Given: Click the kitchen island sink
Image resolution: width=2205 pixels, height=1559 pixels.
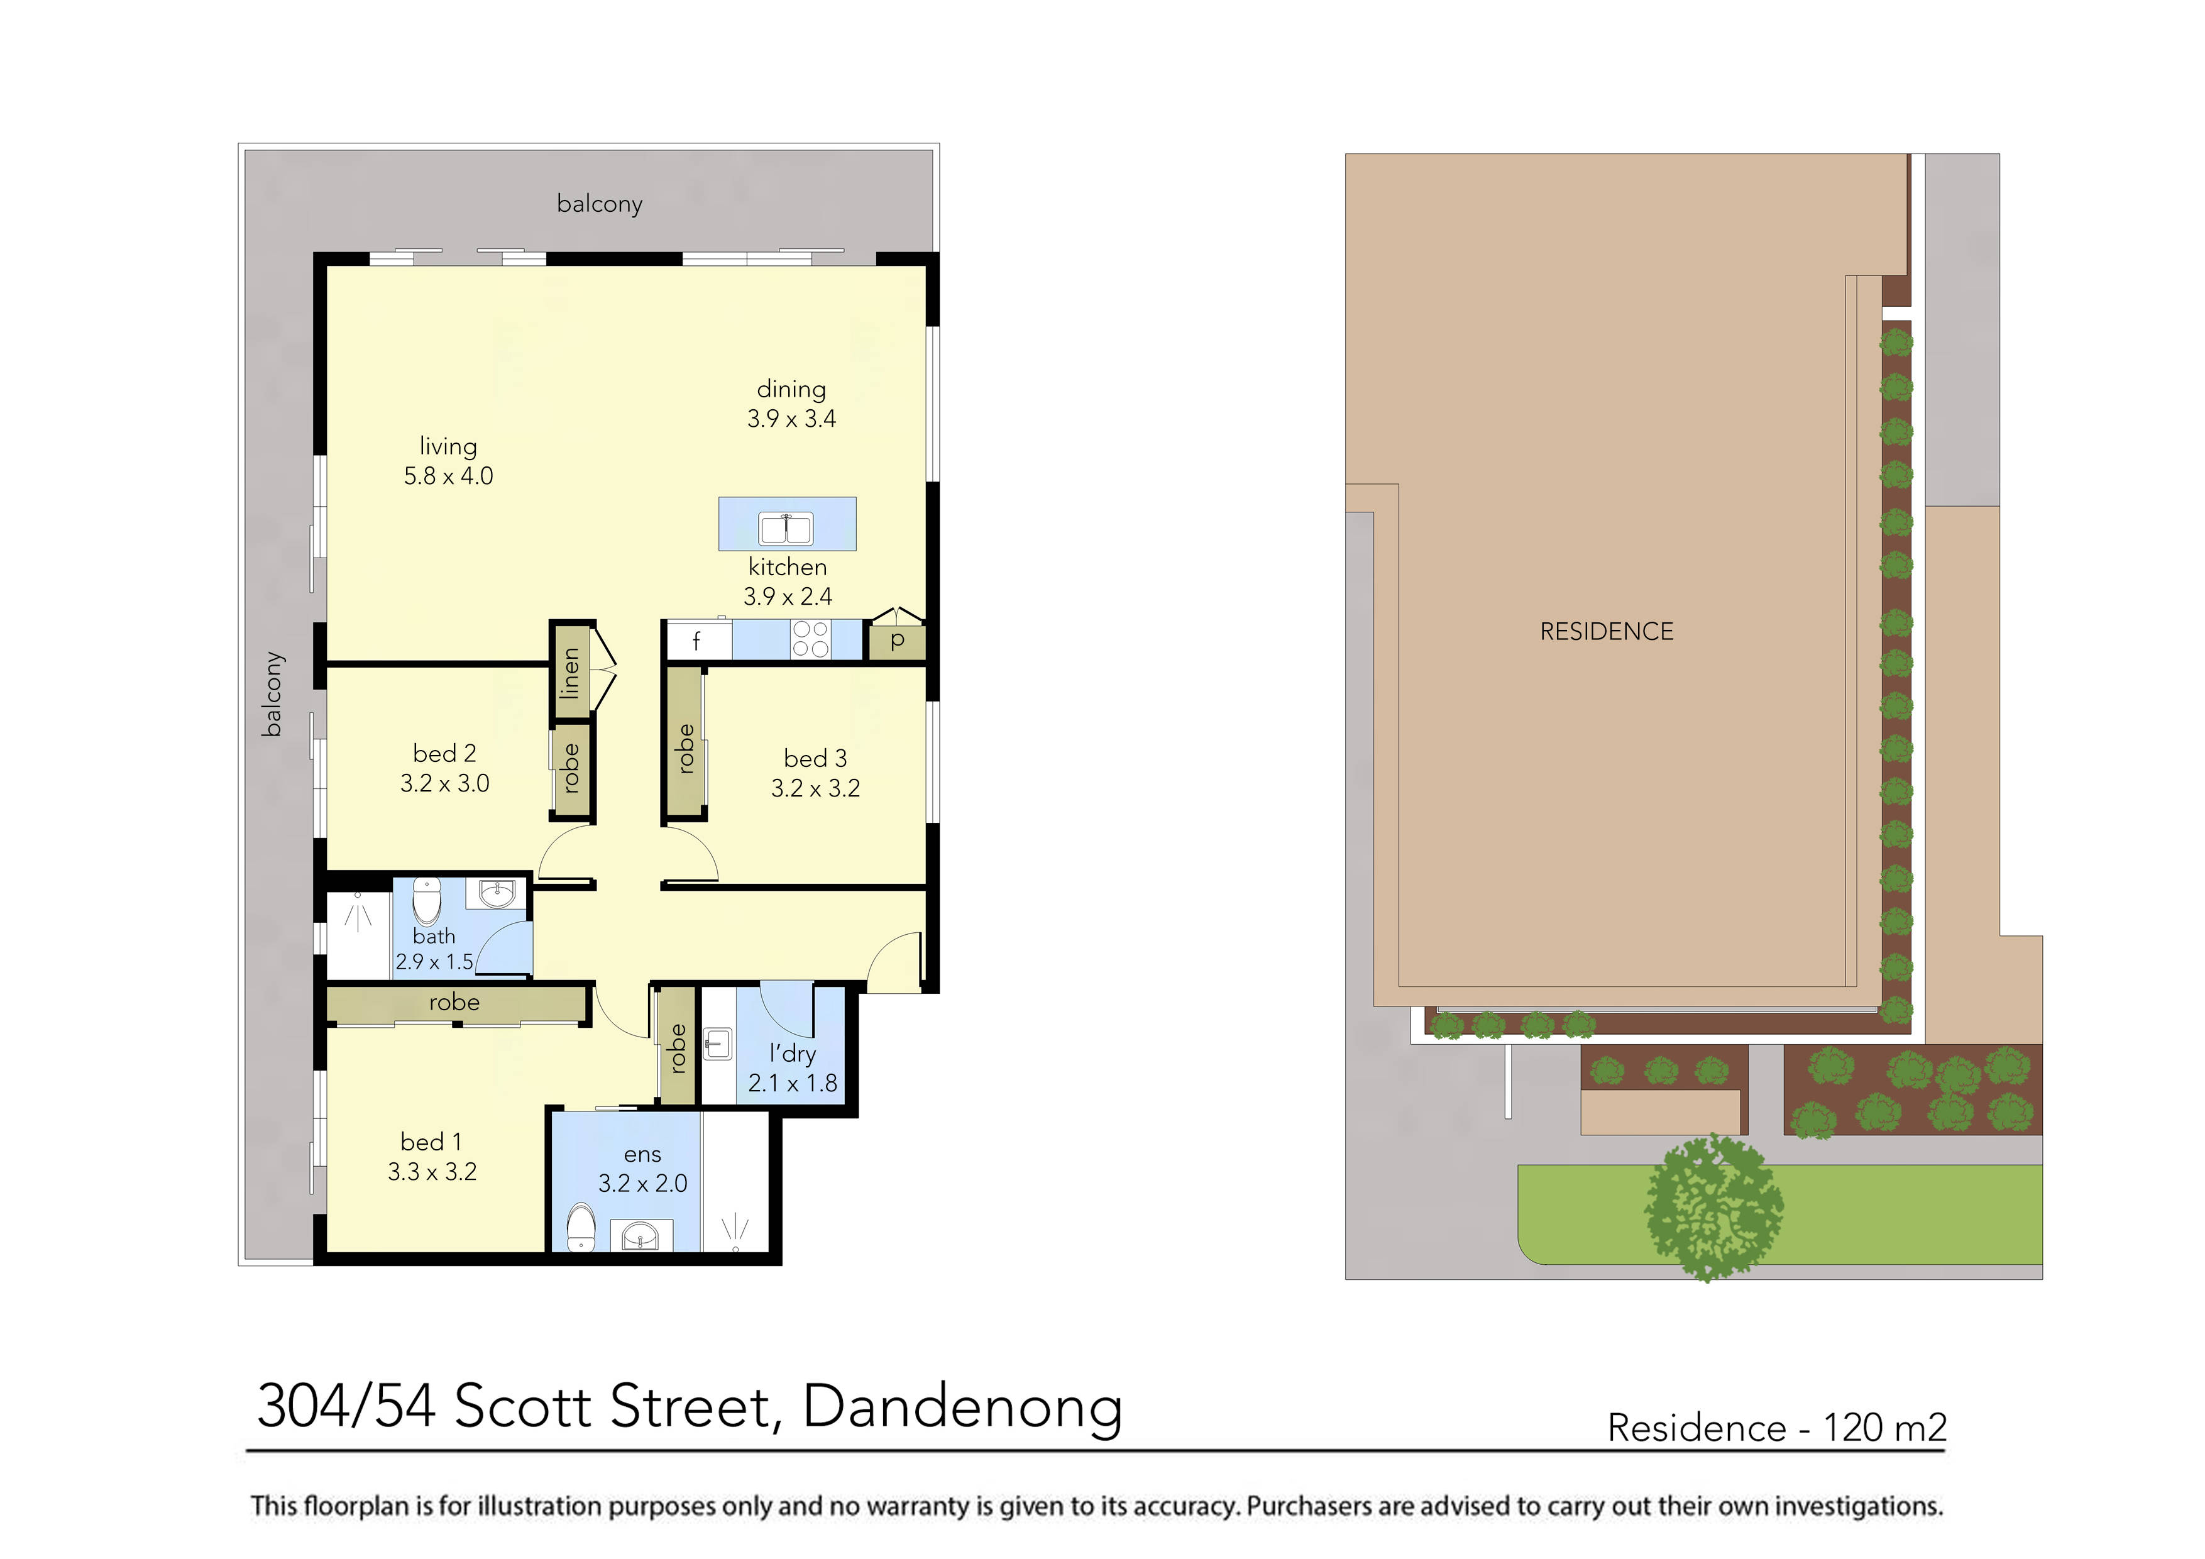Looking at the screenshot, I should point(786,528).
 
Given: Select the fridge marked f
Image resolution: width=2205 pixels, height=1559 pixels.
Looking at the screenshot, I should point(697,641).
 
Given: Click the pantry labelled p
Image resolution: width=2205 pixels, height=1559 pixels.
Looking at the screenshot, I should point(897,641).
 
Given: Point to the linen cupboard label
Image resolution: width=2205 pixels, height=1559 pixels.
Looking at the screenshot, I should point(571,673).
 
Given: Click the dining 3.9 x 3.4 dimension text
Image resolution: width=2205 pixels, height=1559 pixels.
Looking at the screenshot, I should point(791,419).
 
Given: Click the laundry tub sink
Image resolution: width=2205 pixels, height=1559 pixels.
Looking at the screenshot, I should point(717,1044).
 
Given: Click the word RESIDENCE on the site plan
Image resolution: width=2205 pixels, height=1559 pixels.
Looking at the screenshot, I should point(1606,631).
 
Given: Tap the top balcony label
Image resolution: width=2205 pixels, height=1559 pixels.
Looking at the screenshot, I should point(599,204).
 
